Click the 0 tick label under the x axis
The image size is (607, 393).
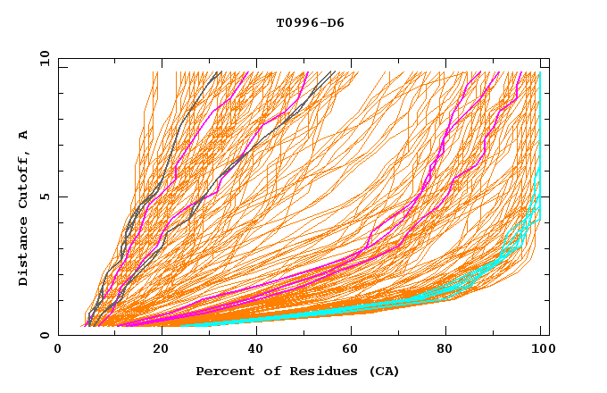[x=59, y=351]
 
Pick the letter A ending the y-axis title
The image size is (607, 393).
[x=24, y=135]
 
